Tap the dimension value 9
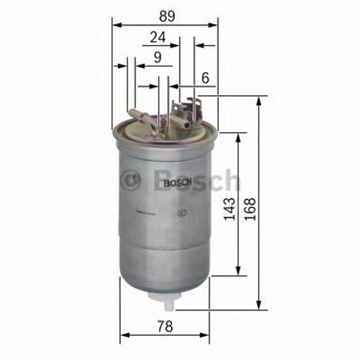pyautogui.click(x=157, y=56)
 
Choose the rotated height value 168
pyautogui.click(x=250, y=203)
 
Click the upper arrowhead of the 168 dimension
pyautogui.click(x=259, y=100)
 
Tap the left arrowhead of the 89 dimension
pyautogui.click(x=115, y=23)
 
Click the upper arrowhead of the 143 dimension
pyautogui.click(x=239, y=137)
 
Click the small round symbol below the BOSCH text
pyautogui.click(x=182, y=212)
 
